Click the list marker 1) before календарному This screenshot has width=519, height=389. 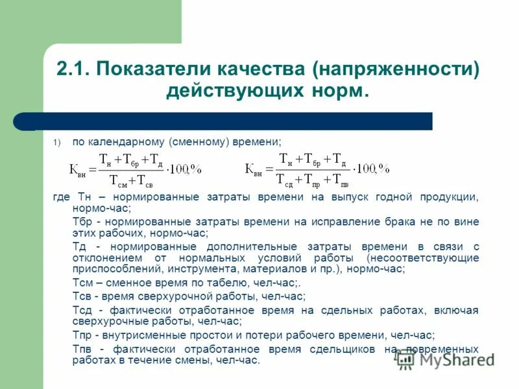pos(56,142)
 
